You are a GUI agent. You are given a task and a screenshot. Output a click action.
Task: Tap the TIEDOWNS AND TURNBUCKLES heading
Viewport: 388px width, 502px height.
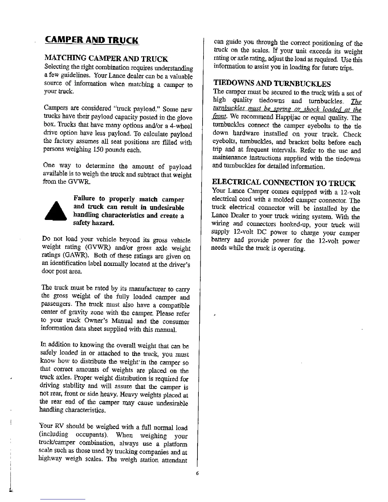click(x=272, y=84)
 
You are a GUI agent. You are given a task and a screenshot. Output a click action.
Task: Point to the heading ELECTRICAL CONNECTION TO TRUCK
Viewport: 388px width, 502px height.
click(x=283, y=183)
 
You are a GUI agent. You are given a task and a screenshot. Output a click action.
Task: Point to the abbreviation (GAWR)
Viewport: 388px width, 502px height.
click(x=66, y=256)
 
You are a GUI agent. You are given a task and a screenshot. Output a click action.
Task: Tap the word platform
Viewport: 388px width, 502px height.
click(x=174, y=444)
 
